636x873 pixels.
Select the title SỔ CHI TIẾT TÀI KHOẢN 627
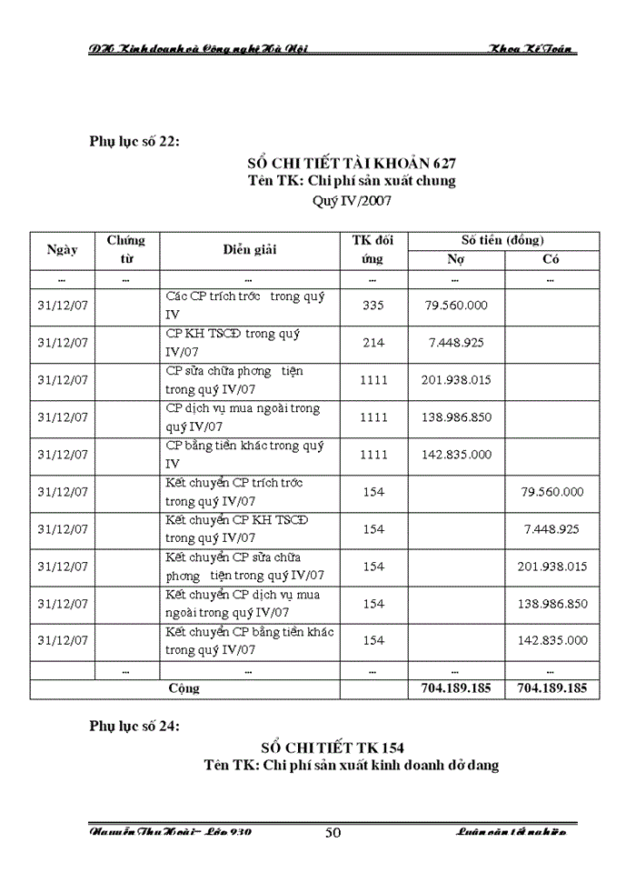[352, 163]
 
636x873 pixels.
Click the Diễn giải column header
[250, 249]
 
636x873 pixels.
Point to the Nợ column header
[456, 259]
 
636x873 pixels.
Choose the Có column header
[551, 259]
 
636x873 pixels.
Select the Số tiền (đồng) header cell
[502, 240]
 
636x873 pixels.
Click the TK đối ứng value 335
[373, 306]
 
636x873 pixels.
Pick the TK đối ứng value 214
[373, 343]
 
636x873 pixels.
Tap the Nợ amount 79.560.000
[456, 306]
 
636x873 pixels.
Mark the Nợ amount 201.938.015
[456, 380]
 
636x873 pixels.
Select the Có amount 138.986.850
[552, 604]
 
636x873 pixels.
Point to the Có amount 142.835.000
[552, 641]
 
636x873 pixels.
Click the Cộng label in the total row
[184, 688]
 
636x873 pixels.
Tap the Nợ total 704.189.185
[456, 688]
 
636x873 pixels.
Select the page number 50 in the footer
[333, 833]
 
